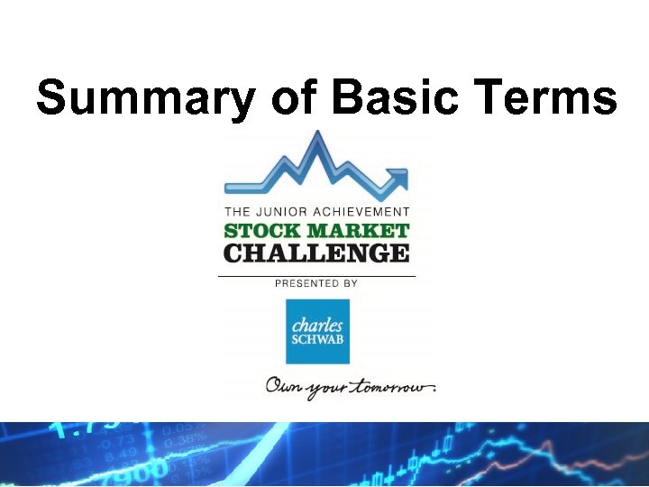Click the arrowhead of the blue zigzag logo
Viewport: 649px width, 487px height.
click(x=396, y=175)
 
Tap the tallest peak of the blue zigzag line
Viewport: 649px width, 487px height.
click(x=315, y=137)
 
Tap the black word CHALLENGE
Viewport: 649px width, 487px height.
click(x=316, y=253)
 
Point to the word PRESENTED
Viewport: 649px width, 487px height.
click(x=306, y=283)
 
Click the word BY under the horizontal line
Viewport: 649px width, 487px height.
click(x=350, y=283)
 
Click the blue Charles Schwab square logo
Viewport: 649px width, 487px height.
click(x=316, y=331)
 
